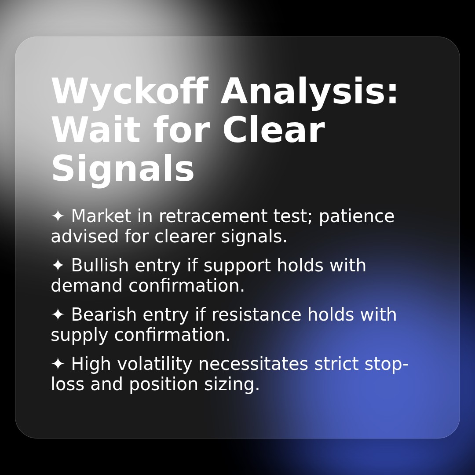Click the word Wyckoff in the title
click(x=129, y=92)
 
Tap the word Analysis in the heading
click(x=310, y=92)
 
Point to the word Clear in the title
click(x=273, y=131)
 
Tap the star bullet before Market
click(x=58, y=216)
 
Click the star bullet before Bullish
click(x=58, y=265)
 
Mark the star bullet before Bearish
click(x=58, y=314)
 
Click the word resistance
click(x=257, y=315)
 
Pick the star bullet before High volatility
click(x=58, y=364)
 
